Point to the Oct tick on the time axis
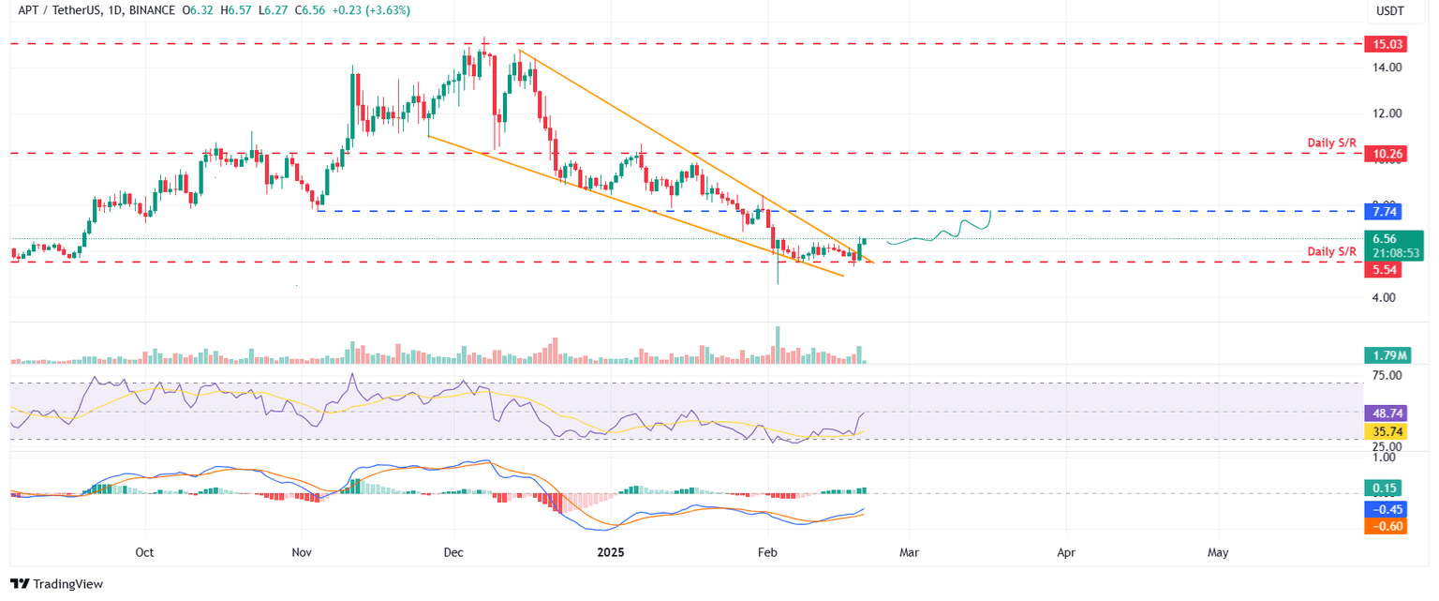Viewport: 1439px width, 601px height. click(x=144, y=553)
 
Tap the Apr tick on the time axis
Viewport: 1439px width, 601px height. click(x=1065, y=553)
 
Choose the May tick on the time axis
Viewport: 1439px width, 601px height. click(x=1218, y=553)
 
